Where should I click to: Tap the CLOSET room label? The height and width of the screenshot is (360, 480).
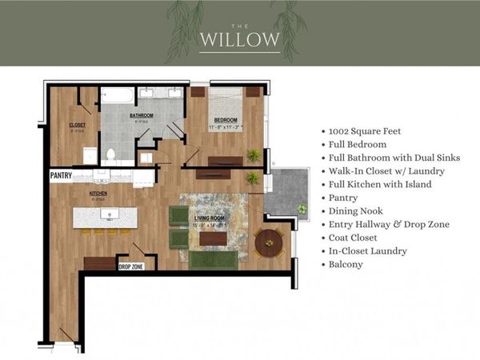78,126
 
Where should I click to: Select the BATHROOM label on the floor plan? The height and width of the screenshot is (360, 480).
142,115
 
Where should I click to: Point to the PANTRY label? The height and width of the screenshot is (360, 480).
62,174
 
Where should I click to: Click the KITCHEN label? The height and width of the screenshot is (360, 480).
98,193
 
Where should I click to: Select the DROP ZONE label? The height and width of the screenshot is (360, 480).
131,266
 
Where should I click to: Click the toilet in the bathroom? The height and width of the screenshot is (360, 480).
111,154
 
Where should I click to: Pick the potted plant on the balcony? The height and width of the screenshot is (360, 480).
302,209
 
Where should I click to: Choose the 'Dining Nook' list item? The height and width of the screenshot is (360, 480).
356,211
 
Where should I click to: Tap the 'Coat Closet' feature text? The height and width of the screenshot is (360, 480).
356,238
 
